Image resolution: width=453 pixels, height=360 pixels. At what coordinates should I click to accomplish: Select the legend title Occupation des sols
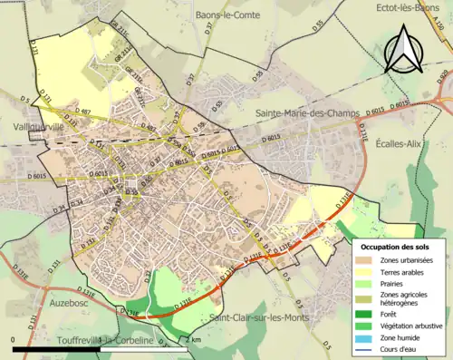pyautogui.click(x=396, y=246)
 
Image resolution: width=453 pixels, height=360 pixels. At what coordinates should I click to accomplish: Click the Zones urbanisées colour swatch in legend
pyautogui.click(x=369, y=259)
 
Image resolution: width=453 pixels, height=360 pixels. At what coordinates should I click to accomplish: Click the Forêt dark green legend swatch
pyautogui.click(x=369, y=314)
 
